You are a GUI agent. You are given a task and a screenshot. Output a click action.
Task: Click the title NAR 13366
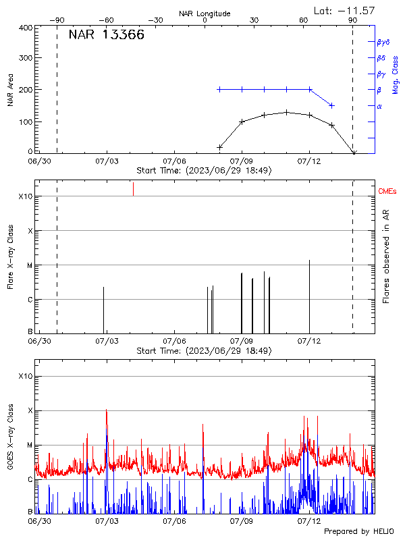point(106,36)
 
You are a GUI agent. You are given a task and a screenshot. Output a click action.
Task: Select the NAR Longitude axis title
point(205,13)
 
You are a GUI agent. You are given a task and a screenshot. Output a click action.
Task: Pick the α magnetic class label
point(379,106)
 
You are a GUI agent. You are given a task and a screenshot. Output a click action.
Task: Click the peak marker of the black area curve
point(287,112)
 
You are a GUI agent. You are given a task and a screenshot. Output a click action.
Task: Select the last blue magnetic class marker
point(331,105)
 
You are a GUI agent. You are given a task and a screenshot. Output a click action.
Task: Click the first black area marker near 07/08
point(219,146)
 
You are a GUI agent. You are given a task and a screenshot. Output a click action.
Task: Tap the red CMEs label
point(388,192)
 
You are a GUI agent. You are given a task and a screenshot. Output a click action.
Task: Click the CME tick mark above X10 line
point(133,189)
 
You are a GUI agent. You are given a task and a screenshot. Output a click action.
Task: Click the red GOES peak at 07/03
point(106,411)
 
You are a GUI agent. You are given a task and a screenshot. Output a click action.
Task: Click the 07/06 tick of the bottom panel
point(174,520)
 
